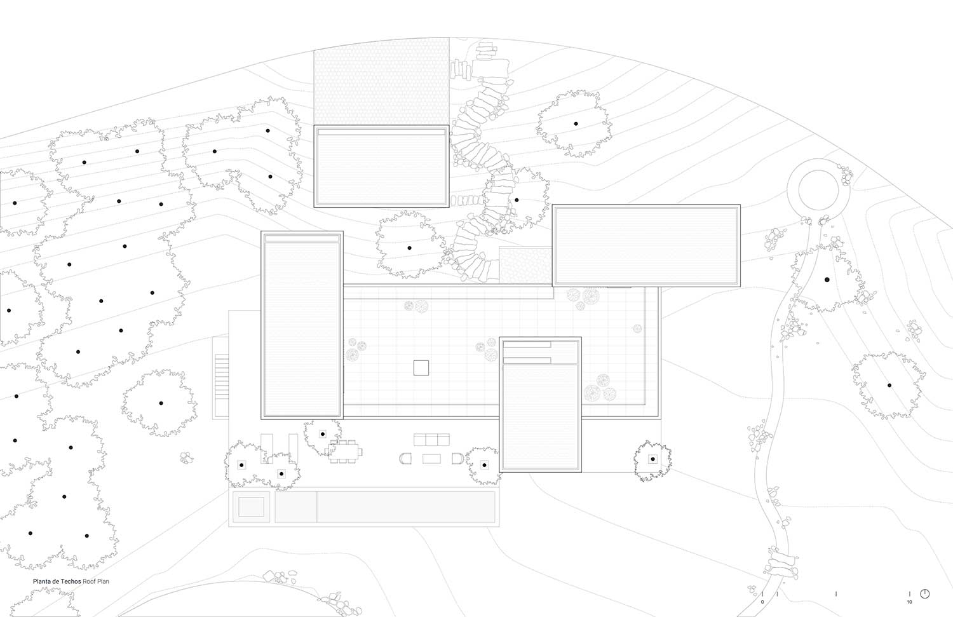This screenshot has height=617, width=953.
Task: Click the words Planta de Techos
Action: tap(57, 581)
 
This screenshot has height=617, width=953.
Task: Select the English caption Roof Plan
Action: tap(96, 581)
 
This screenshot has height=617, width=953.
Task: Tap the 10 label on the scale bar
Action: tap(909, 601)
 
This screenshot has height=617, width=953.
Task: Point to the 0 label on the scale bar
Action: tap(762, 601)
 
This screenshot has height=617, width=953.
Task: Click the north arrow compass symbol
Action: tap(925, 593)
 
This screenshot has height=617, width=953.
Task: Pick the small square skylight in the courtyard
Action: tap(421, 367)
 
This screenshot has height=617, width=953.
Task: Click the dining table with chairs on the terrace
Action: tap(344, 452)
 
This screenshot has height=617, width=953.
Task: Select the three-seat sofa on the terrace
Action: tap(431, 439)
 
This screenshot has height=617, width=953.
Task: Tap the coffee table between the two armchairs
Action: tap(431, 458)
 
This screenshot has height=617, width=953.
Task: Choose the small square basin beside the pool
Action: tap(251, 506)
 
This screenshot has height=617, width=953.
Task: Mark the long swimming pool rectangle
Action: tap(405, 506)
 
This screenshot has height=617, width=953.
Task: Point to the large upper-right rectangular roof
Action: tap(646, 245)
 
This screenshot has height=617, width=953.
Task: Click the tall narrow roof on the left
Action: tap(302, 325)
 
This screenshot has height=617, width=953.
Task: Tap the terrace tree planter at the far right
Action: tap(652, 459)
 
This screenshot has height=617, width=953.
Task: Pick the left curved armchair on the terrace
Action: tap(405, 458)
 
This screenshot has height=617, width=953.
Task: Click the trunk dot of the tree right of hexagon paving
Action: tap(576, 124)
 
